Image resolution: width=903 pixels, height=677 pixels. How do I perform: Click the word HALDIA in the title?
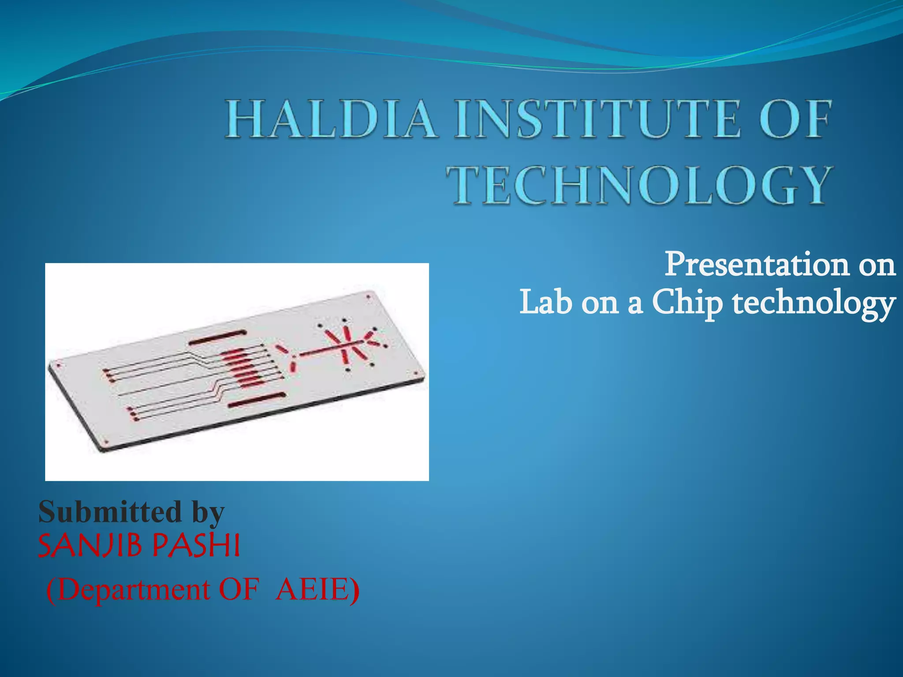(332, 119)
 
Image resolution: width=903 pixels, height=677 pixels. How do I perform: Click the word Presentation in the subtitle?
(757, 264)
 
